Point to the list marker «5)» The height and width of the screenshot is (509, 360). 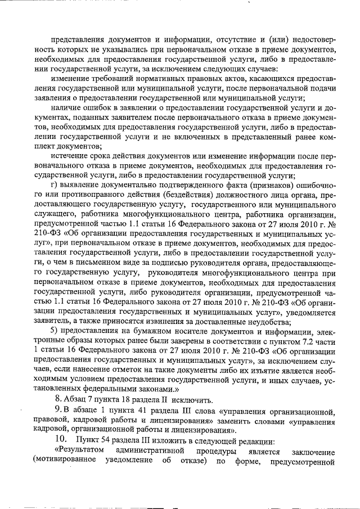click(x=55, y=329)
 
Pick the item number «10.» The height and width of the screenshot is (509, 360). click(x=60, y=439)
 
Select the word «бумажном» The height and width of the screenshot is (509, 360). click(x=133, y=329)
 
